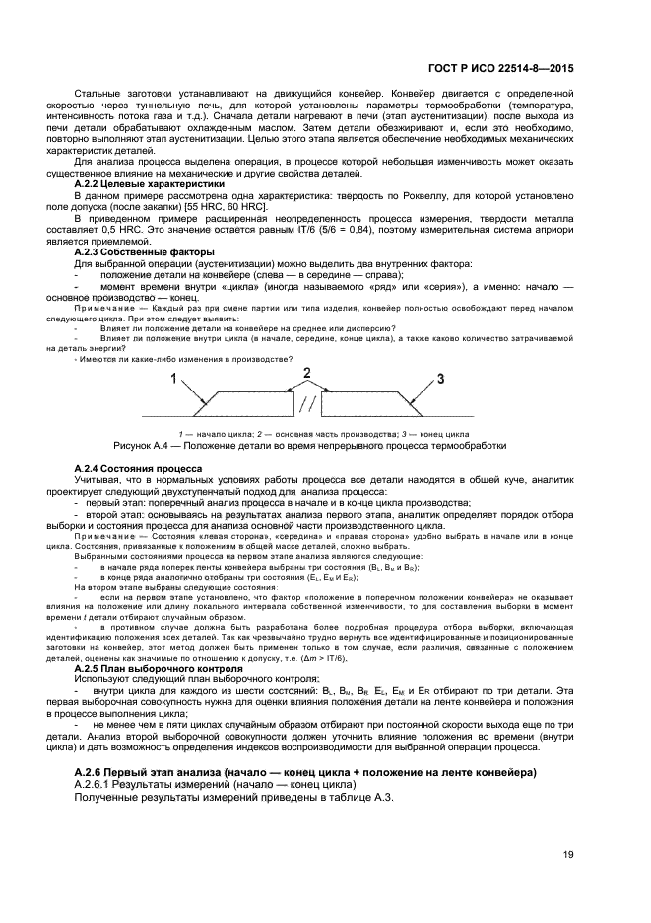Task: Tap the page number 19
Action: coord(568,854)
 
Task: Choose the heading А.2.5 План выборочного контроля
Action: coord(155,669)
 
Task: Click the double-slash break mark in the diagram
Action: coord(307,402)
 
